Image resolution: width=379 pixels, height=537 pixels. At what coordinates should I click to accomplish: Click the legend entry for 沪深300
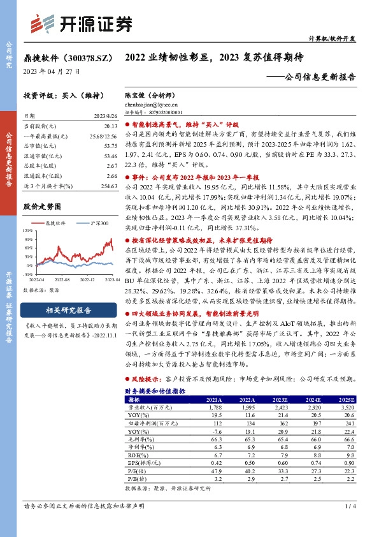coord(95,223)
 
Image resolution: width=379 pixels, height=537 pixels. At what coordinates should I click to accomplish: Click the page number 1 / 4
coord(349,506)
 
